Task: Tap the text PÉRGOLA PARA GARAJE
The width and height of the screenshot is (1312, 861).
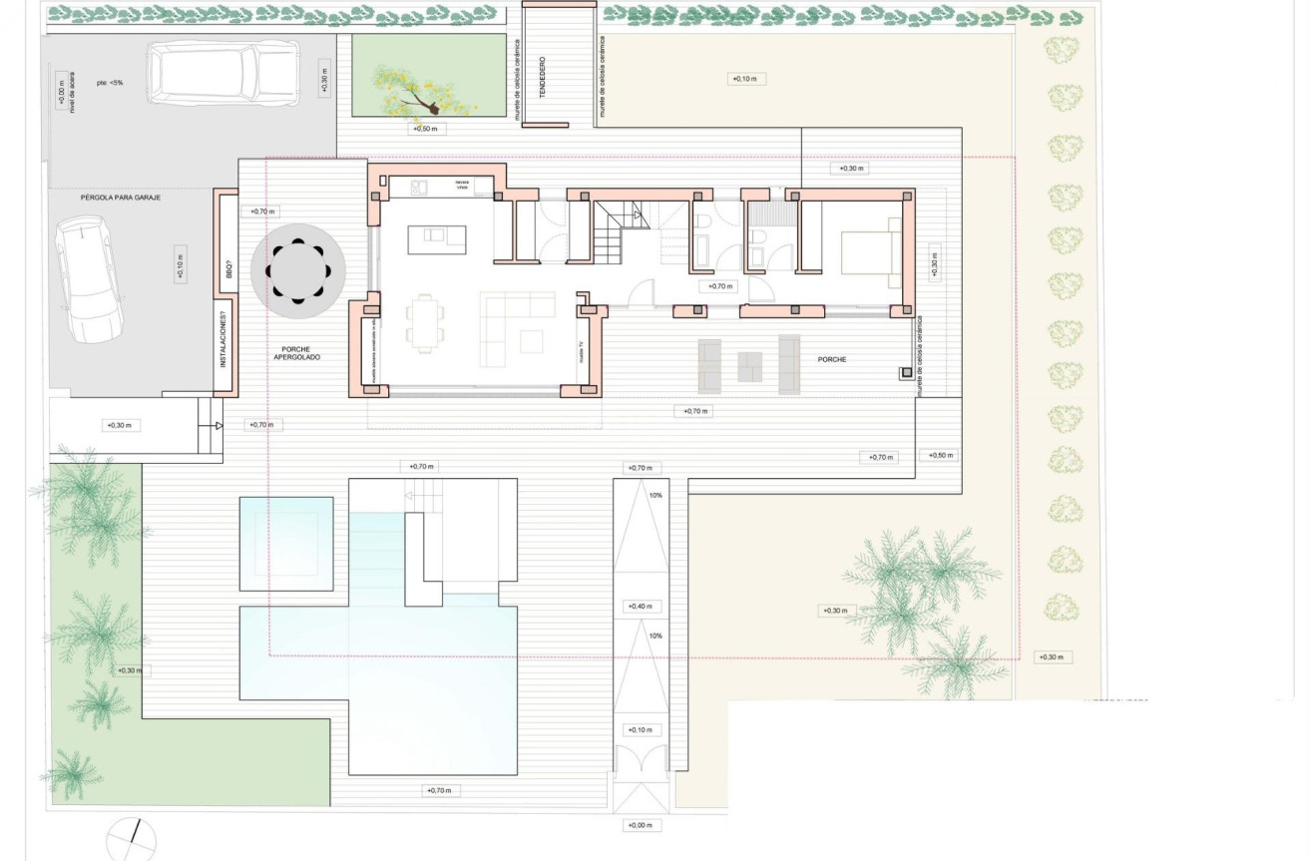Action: pyautogui.click(x=121, y=198)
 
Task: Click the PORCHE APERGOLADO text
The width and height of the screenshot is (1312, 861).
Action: pyautogui.click(x=297, y=353)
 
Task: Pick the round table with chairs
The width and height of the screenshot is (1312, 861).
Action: pyautogui.click(x=298, y=270)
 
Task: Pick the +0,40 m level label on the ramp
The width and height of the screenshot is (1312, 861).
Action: pyautogui.click(x=640, y=607)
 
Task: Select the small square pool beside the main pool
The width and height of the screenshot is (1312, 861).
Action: pyautogui.click(x=285, y=536)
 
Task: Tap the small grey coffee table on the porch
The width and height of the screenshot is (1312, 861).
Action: pyautogui.click(x=748, y=367)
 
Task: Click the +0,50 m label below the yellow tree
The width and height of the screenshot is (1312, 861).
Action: pyautogui.click(x=427, y=129)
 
